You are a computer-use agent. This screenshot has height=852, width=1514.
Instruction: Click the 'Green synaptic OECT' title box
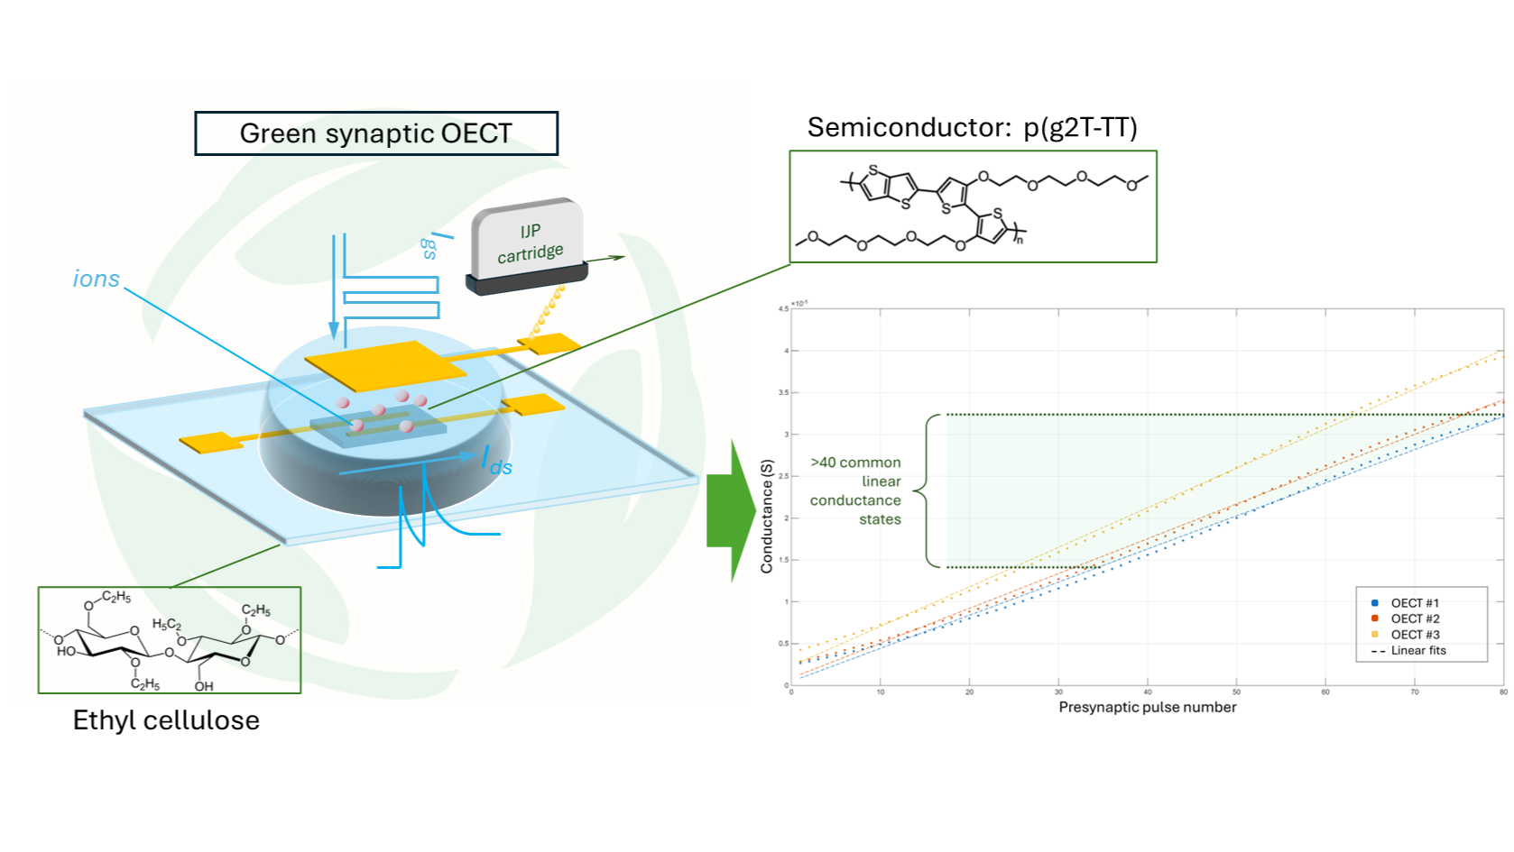coord(376,133)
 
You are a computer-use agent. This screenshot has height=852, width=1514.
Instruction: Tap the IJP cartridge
coord(529,246)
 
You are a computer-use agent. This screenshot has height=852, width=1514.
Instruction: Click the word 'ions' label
coord(96,279)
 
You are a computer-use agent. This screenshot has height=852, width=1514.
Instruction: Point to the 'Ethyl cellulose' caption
coord(166,720)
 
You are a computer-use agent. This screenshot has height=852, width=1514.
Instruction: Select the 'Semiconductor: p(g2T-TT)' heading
coord(972,128)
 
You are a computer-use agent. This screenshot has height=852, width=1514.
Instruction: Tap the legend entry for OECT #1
coord(1414,603)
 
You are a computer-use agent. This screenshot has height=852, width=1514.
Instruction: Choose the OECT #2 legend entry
coord(1414,618)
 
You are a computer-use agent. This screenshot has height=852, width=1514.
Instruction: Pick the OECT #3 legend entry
coord(1414,635)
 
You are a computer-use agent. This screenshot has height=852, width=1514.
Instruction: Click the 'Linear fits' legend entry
coord(1417,650)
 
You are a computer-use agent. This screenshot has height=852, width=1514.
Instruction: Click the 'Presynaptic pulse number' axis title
coord(1147,707)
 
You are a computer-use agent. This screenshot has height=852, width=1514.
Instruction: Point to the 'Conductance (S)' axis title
coord(767,516)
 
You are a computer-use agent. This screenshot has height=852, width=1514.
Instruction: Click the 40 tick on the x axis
coord(1148,692)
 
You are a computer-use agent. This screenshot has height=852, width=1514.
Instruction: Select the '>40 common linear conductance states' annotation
coord(855,490)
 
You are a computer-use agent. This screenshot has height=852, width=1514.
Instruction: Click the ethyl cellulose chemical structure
coord(170,640)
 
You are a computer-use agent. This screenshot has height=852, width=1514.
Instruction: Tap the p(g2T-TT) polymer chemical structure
coord(973,207)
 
